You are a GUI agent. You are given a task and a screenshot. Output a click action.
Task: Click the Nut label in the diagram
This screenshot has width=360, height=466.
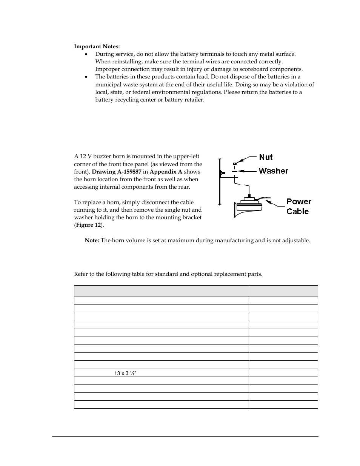pos(266,157)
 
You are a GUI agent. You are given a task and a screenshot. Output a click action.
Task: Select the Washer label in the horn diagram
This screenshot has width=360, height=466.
pos(273,171)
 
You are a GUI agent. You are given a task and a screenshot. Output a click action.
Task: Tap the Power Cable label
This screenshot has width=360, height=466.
pos(298,206)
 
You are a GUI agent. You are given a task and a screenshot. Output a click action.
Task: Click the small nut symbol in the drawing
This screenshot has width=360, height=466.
pos(234,164)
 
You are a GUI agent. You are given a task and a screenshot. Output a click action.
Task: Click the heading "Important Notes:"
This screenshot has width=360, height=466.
pos(97,46)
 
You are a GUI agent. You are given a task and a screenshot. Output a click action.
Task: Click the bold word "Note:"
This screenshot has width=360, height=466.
pos(92,240)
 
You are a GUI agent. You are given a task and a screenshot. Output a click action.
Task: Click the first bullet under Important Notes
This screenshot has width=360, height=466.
pos(86,54)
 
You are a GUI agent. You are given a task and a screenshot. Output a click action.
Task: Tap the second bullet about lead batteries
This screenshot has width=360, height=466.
pos(86,77)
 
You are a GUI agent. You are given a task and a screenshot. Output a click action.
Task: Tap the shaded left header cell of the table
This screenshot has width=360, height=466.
pos(161,291)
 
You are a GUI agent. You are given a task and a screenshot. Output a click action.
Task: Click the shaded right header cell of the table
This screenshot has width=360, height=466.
pos(283,291)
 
